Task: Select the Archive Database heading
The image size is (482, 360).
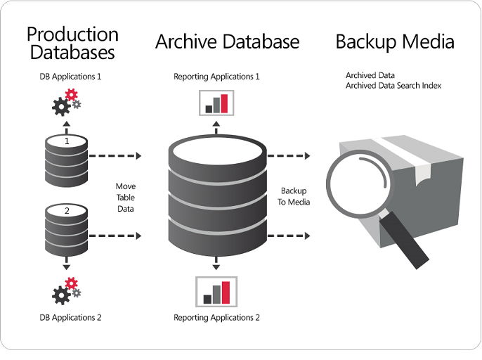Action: click(227, 41)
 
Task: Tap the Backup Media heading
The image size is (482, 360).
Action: click(394, 41)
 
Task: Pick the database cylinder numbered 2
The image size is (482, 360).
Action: click(66, 229)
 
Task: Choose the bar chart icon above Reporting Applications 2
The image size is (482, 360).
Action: click(216, 290)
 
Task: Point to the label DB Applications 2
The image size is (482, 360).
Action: click(70, 318)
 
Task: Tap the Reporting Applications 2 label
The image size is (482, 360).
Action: click(216, 318)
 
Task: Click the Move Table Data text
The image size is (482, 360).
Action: click(126, 198)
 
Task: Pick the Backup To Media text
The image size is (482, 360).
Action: click(295, 196)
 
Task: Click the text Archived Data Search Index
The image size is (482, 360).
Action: click(393, 86)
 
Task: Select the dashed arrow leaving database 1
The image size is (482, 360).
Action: click(115, 155)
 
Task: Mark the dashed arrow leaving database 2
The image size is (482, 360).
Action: click(115, 236)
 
